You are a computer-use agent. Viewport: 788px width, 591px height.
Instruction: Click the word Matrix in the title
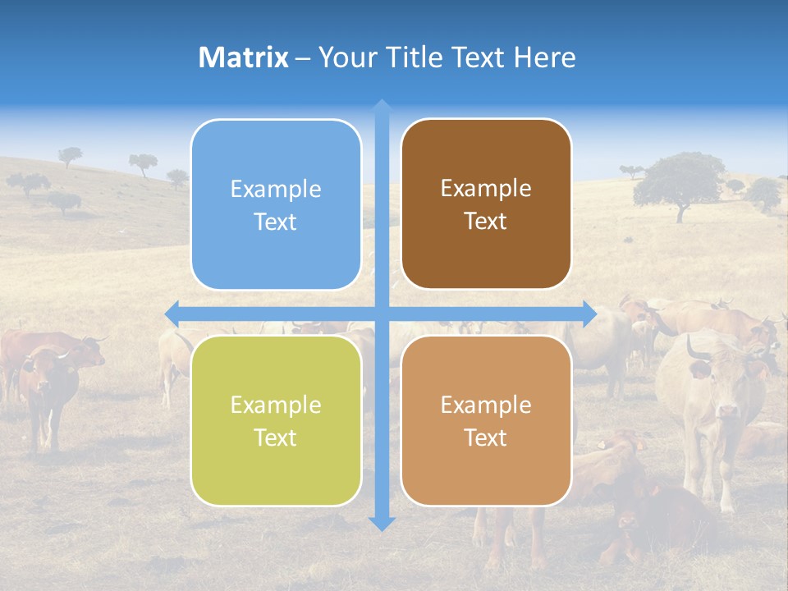coord(244,57)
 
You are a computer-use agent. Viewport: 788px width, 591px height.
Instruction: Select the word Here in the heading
coord(544,57)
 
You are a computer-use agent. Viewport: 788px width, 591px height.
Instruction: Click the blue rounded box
coord(276,204)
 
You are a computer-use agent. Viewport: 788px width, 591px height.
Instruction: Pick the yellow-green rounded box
coord(276,420)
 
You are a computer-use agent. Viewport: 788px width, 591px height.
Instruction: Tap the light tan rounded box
coord(486,420)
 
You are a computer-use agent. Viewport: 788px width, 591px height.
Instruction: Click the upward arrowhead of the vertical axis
coord(382,107)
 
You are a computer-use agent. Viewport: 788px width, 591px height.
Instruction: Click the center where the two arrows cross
coord(382,314)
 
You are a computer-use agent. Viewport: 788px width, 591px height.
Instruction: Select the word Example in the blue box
coord(276,189)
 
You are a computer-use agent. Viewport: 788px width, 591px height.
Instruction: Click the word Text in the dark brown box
coord(486,221)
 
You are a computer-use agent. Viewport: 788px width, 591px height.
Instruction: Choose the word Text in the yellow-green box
coord(276,438)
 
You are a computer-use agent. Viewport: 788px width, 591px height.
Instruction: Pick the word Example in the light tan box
coord(486,405)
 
